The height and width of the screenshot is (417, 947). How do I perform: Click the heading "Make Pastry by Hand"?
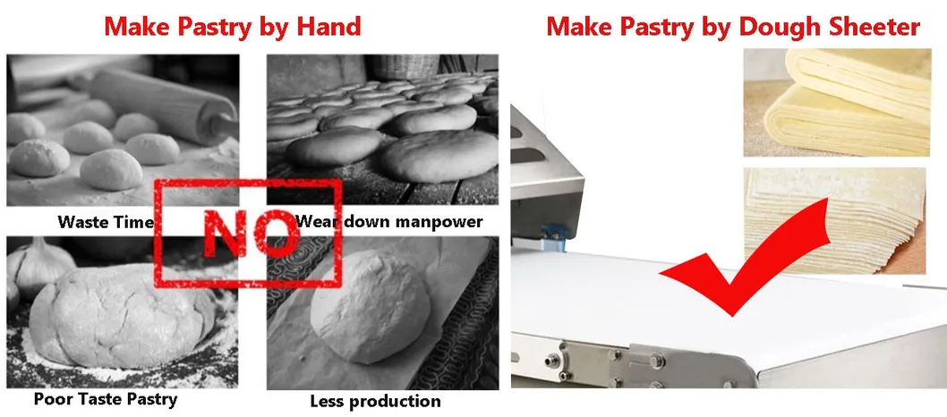(233, 27)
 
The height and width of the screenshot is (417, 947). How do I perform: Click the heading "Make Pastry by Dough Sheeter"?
(733, 27)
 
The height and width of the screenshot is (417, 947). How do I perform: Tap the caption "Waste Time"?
(106, 222)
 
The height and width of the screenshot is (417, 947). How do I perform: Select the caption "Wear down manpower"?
(389, 221)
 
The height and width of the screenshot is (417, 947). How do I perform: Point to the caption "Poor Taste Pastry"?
(106, 399)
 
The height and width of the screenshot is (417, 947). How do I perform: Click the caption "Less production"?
(375, 401)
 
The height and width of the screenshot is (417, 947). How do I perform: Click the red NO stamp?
(248, 233)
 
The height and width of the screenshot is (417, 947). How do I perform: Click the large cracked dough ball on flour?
(121, 316)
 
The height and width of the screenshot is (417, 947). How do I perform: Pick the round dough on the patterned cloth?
(370, 307)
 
